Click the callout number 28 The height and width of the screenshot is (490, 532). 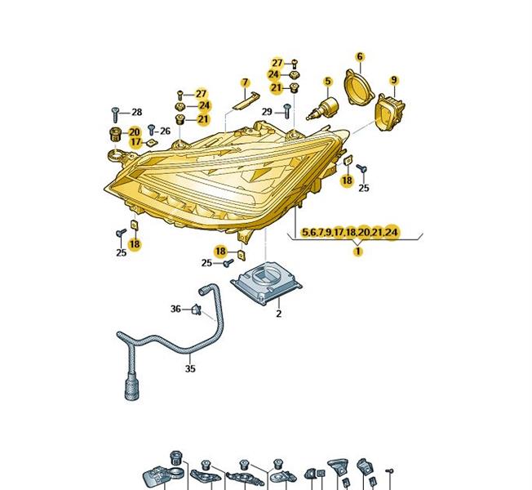(x=137, y=112)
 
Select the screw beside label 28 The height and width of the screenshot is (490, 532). (x=115, y=114)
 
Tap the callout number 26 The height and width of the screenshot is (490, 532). (x=166, y=131)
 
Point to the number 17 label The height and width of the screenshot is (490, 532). (x=135, y=142)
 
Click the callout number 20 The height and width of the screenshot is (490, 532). (x=135, y=132)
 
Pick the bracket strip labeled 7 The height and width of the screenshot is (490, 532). (x=246, y=100)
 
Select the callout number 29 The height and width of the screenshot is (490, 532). (x=267, y=112)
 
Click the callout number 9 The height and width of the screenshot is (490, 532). (x=393, y=80)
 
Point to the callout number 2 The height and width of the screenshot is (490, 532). (x=278, y=314)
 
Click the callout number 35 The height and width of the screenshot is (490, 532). (x=190, y=368)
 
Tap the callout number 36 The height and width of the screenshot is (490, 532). (x=175, y=309)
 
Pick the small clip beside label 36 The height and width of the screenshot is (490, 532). (x=197, y=309)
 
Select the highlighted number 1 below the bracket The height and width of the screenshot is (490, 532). (x=357, y=252)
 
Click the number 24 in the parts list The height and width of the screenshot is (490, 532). (x=391, y=233)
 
